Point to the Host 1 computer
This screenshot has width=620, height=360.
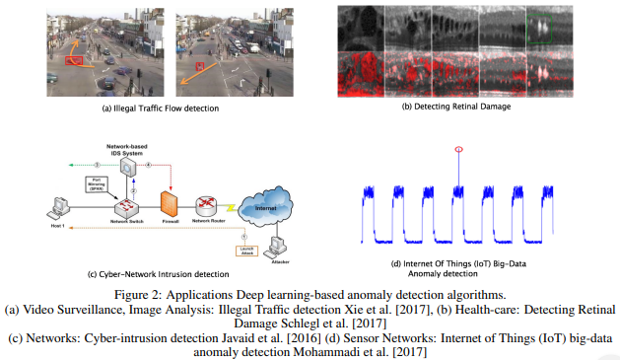[x=59, y=208]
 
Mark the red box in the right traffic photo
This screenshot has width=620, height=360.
[x=200, y=66]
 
